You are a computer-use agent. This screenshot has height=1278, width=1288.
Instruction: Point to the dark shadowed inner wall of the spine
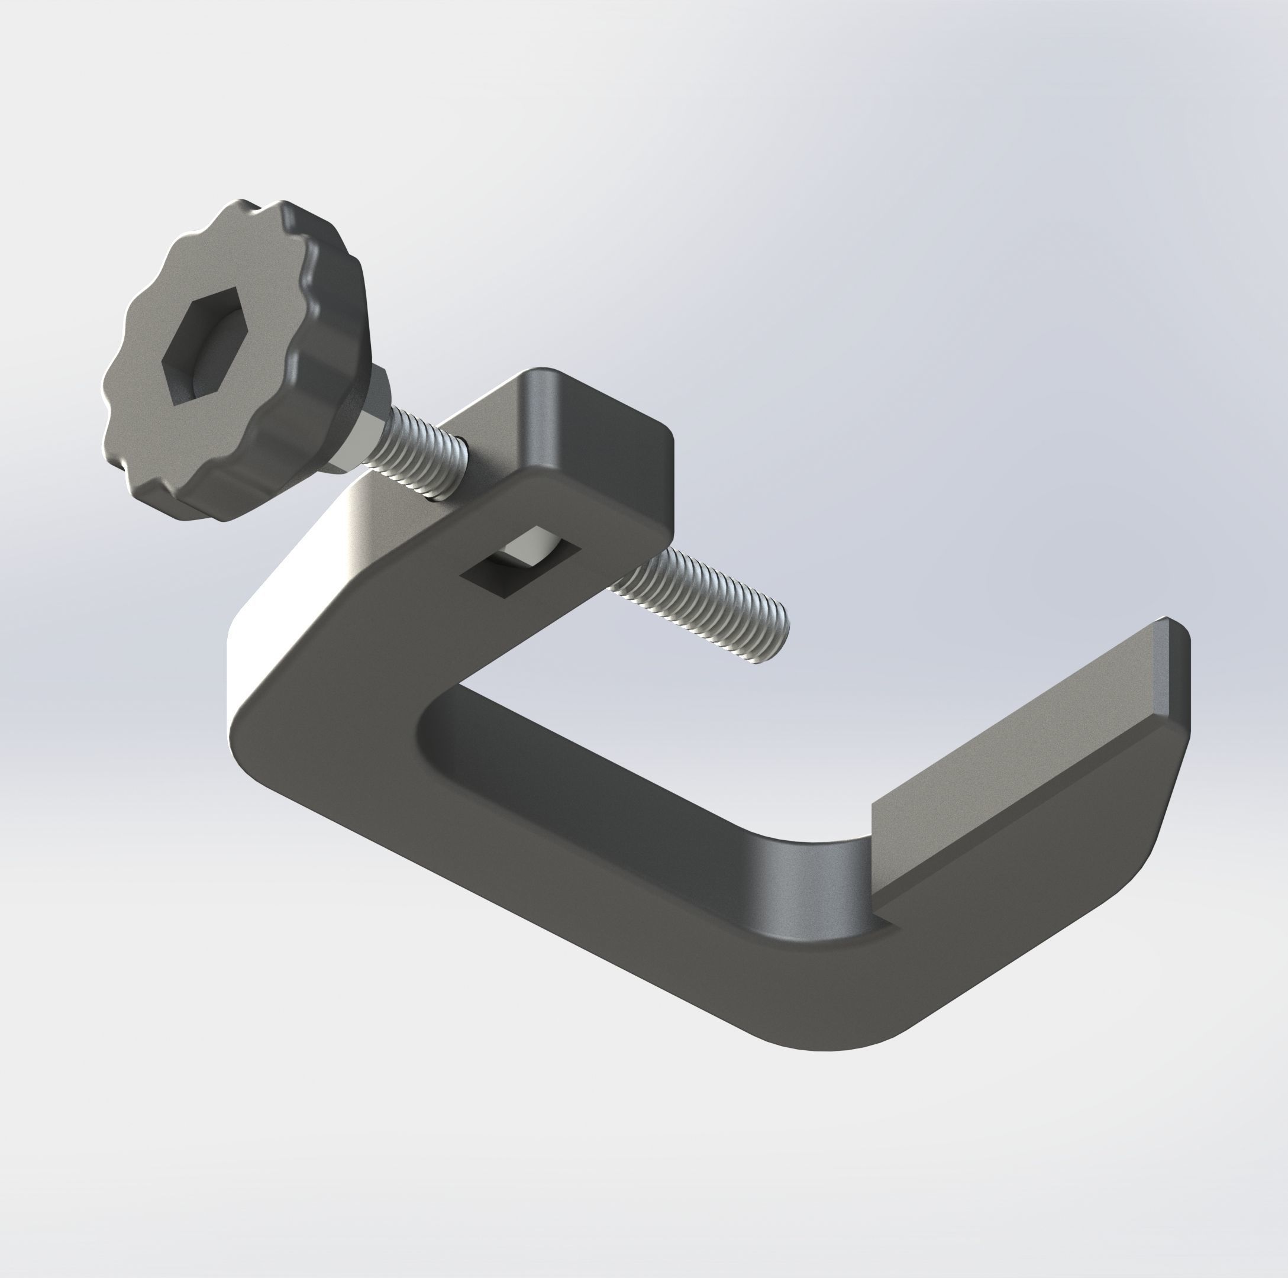point(600,773)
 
